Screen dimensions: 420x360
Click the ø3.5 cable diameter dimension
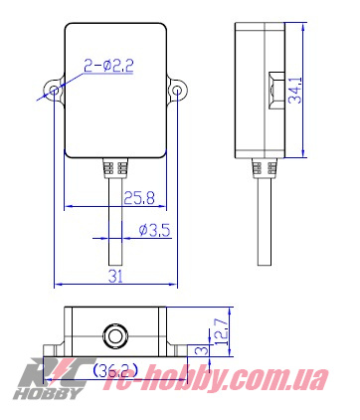(x=155, y=230)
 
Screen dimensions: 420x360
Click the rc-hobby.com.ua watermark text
(x=229, y=380)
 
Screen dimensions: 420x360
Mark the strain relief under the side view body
(x=264, y=166)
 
